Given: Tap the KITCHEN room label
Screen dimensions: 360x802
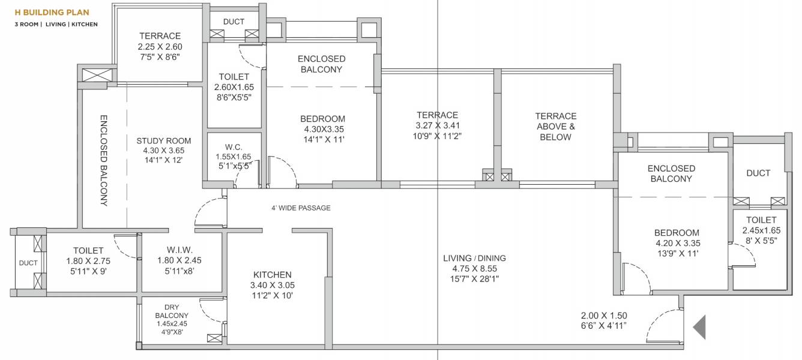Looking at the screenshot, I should pyautogui.click(x=273, y=275).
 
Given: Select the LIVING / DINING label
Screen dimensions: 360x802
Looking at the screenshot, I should pyautogui.click(x=474, y=258).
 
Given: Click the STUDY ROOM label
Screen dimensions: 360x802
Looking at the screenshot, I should pyautogui.click(x=159, y=140).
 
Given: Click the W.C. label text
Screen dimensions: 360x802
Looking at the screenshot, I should pyautogui.click(x=233, y=146).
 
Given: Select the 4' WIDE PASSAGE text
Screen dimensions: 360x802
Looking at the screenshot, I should pyautogui.click(x=301, y=208).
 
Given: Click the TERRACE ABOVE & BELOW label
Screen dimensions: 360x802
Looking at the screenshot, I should pyautogui.click(x=555, y=126).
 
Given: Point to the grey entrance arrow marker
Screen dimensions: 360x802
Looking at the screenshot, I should pyautogui.click(x=699, y=328).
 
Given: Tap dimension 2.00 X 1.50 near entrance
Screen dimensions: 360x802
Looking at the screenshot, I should pyautogui.click(x=604, y=316).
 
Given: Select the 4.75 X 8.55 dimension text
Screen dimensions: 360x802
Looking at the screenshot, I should pyautogui.click(x=474, y=268).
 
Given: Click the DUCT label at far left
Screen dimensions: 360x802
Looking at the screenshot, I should pyautogui.click(x=28, y=263).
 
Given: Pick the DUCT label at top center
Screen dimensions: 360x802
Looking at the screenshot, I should pyautogui.click(x=234, y=22).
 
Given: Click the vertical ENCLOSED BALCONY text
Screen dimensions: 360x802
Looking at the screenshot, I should pyautogui.click(x=103, y=160).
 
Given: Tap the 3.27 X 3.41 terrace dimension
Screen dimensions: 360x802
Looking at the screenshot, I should pyautogui.click(x=438, y=125).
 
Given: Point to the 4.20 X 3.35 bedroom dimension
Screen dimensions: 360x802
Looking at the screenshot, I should pyautogui.click(x=677, y=243).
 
